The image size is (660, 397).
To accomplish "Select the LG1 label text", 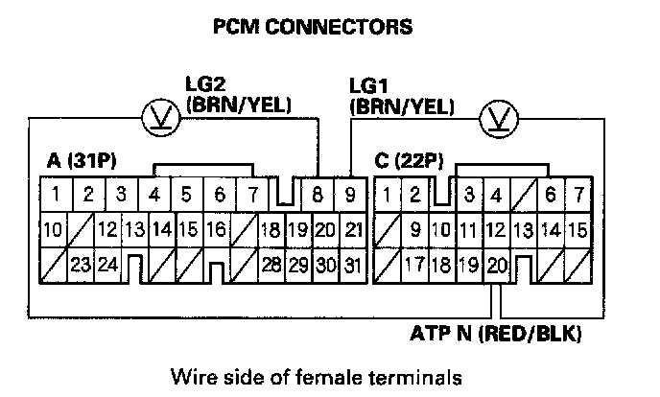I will coord(369,89).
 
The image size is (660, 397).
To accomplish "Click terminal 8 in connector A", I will coord(317,195).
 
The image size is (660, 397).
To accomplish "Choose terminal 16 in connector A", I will coord(216,229).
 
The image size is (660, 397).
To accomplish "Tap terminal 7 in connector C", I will coord(578,195).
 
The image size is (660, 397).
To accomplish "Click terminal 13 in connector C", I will coord(524,229).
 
